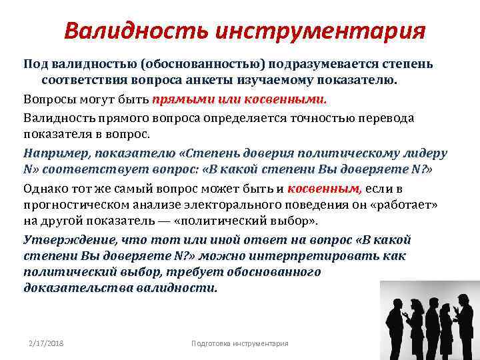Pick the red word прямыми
179,100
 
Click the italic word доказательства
77,289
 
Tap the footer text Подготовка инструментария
239,343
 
